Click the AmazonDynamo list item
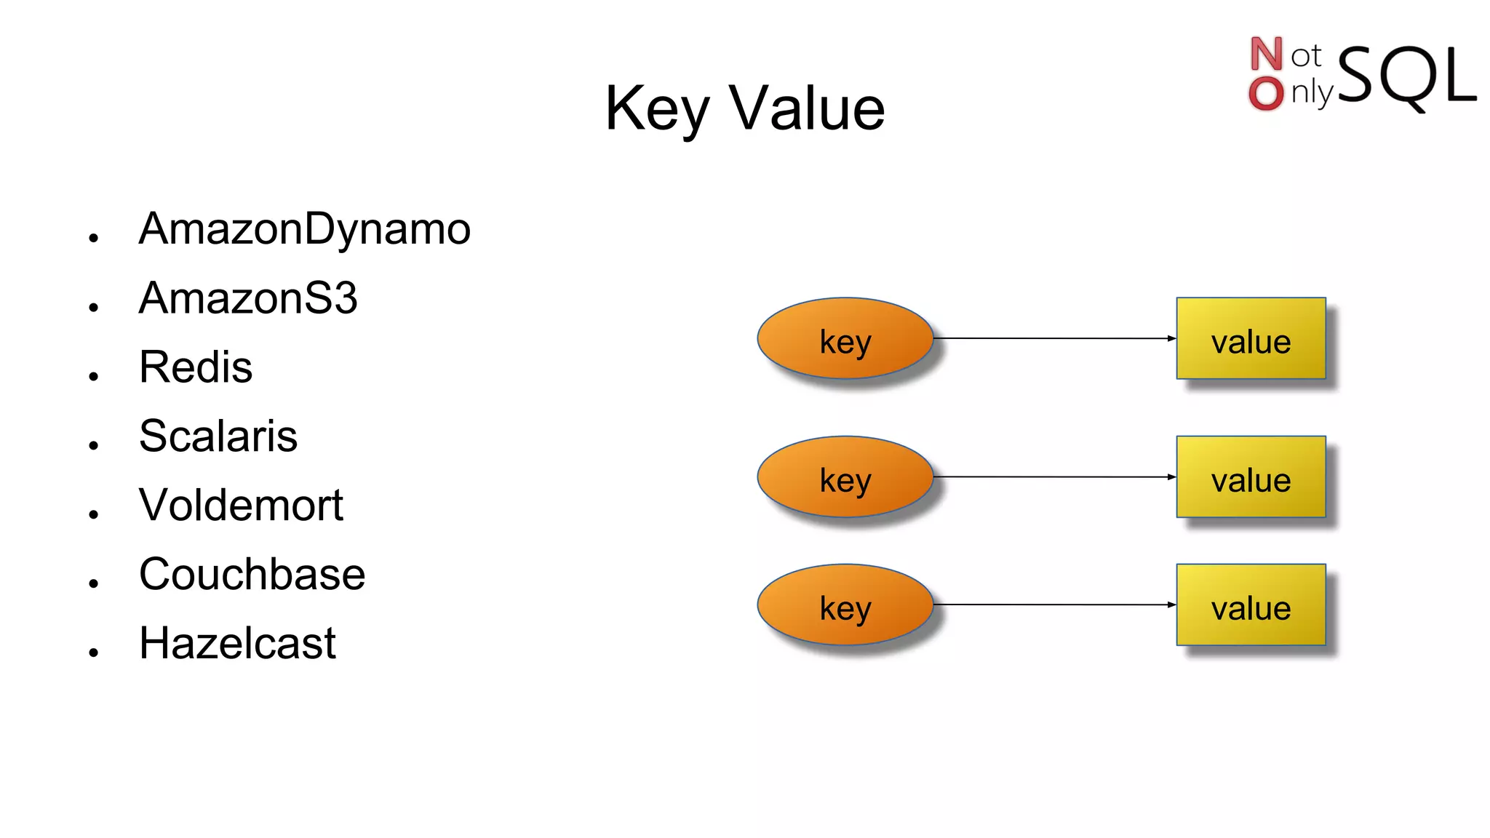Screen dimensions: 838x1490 [304, 230]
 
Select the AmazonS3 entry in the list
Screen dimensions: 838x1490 [248, 298]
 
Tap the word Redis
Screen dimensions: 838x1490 [196, 367]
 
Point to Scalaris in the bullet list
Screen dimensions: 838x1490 [218, 436]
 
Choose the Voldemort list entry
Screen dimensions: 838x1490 [241, 506]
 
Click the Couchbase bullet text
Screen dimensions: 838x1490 [252, 575]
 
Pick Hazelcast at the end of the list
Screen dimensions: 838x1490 [237, 644]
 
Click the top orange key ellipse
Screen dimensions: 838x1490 [845, 338]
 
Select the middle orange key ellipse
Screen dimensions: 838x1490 [845, 477]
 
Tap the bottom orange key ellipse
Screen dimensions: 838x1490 [845, 605]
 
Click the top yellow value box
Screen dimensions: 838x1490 [1251, 338]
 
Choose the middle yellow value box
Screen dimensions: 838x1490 [1251, 477]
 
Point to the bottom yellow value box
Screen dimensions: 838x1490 [1251, 605]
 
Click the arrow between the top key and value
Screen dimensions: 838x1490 [1055, 338]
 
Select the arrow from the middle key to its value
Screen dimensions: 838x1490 [1055, 477]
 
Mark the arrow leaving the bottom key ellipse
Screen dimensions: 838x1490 [1055, 604]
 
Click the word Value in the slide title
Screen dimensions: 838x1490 [807, 108]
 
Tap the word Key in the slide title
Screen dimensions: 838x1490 [656, 110]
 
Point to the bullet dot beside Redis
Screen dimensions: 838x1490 [93, 376]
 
